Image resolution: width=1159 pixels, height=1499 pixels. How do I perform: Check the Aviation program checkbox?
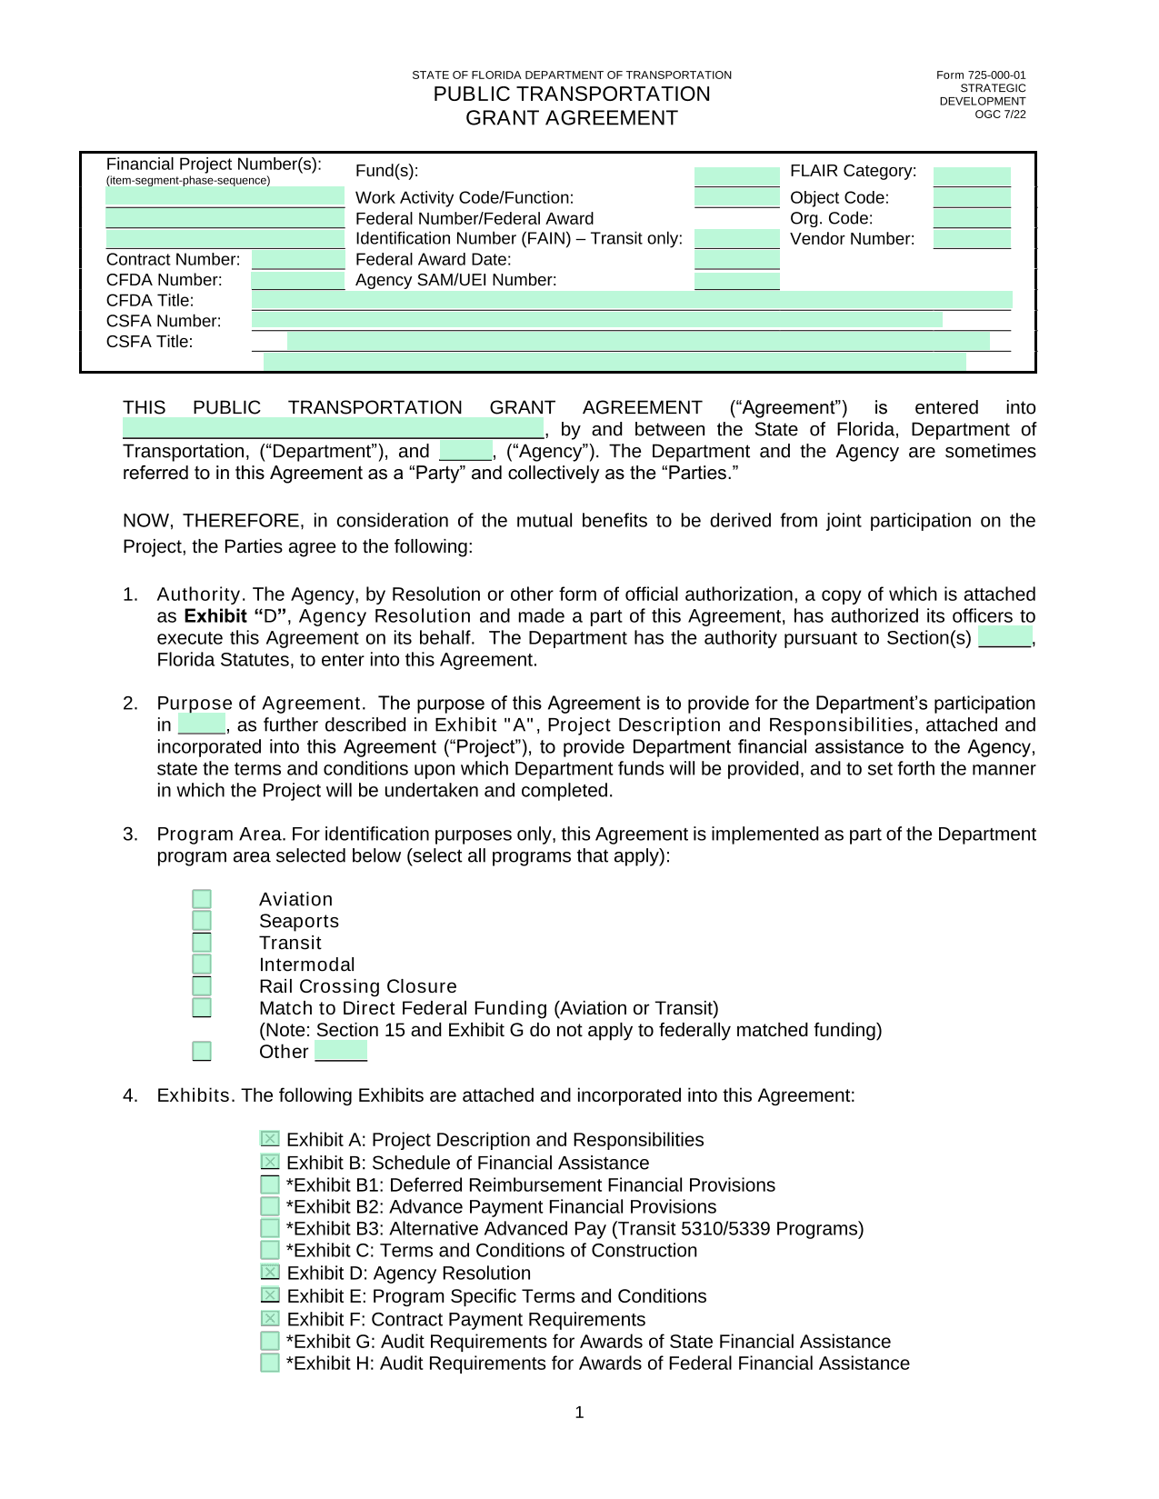point(202,899)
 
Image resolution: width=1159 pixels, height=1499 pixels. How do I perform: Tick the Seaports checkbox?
point(202,921)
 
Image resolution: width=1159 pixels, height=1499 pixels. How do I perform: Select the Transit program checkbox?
point(202,943)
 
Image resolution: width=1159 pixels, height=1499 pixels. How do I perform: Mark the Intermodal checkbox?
point(202,964)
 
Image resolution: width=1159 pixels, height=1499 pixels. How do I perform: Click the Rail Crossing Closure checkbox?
point(202,986)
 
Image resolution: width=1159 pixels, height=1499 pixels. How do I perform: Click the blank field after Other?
point(341,1052)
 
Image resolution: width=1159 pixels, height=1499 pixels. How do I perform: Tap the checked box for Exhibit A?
point(270,1139)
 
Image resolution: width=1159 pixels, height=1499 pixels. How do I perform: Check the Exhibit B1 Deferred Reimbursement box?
point(270,1184)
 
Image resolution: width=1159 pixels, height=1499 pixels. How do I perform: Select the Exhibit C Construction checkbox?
point(270,1250)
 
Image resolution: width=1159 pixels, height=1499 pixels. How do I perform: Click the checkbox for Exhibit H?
point(270,1363)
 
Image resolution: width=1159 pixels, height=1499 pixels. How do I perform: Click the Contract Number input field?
point(298,260)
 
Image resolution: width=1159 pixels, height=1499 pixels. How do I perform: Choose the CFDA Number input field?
point(298,280)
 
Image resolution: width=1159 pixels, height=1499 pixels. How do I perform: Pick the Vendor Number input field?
point(972,239)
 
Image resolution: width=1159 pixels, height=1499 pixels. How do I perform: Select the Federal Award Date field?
point(736,260)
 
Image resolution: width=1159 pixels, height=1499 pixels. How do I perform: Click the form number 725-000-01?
point(981,75)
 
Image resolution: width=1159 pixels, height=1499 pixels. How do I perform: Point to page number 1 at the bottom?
point(580,1413)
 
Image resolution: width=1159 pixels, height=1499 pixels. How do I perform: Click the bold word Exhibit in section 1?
point(215,616)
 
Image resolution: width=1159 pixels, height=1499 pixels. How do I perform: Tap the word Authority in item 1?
point(199,595)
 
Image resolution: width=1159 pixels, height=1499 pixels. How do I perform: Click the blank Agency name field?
point(465,451)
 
